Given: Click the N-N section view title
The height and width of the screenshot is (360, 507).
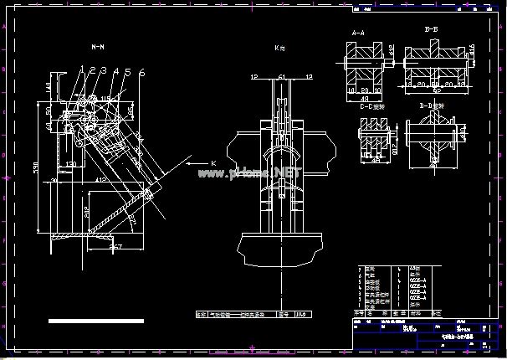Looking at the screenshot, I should click(x=98, y=49).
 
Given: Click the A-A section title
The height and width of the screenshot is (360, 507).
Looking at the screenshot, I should click(x=357, y=33).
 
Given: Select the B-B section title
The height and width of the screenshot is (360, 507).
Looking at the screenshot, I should click(x=433, y=29).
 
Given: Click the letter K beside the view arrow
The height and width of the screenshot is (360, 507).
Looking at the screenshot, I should click(x=213, y=161).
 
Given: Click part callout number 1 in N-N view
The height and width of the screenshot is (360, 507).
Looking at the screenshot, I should click(x=83, y=72).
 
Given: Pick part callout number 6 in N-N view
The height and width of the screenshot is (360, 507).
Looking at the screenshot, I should click(x=141, y=73).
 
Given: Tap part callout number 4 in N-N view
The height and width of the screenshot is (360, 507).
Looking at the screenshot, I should click(x=115, y=72).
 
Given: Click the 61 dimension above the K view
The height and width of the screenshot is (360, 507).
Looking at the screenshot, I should click(x=281, y=77).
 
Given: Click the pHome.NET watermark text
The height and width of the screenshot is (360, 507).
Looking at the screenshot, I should click(x=250, y=173).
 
